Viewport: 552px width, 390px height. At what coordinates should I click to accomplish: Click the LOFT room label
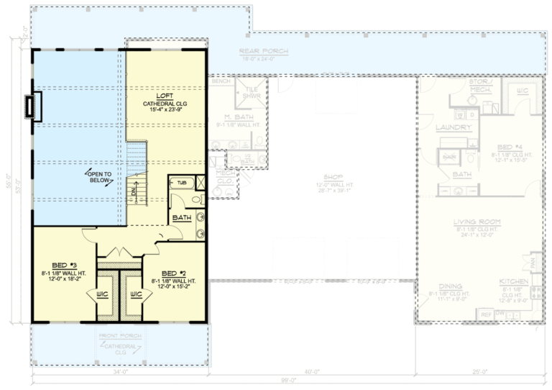tap(166, 95)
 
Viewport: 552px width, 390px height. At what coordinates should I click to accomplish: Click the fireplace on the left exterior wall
tap(32, 106)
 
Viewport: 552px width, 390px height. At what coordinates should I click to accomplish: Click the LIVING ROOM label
tap(477, 222)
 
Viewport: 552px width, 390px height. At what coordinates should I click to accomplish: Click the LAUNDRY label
tap(454, 127)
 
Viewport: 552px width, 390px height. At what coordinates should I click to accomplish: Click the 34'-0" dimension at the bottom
tap(119, 372)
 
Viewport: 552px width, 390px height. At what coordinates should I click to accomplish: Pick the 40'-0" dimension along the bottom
tap(311, 372)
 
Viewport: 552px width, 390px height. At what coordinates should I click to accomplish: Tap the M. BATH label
tap(236, 117)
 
